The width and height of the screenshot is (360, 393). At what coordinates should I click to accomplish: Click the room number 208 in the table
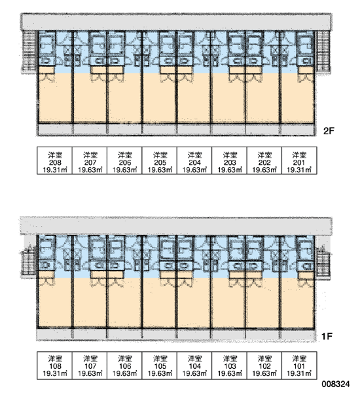pos(55,162)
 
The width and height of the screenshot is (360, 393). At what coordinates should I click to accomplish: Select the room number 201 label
pos(299,162)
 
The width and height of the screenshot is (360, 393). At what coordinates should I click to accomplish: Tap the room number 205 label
pos(160,162)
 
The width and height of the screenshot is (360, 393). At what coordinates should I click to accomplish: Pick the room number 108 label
pos(55,366)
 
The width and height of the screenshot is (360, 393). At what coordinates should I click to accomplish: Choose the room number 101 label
pos(299,366)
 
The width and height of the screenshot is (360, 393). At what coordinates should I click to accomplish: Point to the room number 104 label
pos(194,366)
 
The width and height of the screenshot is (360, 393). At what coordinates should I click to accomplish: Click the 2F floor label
pos(329,131)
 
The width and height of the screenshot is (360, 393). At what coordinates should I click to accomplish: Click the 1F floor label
pos(327,336)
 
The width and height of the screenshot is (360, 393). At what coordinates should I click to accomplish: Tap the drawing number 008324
pos(335,384)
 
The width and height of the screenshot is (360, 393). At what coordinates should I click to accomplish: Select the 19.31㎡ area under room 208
pos(55,170)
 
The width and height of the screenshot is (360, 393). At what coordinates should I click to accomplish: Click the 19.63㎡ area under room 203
pos(230,170)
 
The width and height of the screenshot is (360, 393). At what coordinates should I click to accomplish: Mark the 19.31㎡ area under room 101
pos(299,373)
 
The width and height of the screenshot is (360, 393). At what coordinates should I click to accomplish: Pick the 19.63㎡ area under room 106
pos(125,373)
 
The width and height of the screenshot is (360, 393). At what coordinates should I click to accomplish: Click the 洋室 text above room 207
pos(90,155)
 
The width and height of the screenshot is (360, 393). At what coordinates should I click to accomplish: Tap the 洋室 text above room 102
pos(264,359)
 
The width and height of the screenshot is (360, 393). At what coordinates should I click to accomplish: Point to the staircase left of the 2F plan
pos(29,51)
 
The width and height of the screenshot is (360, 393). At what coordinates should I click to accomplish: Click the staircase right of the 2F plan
pos(323,51)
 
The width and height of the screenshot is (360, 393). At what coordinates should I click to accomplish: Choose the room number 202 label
pos(264,162)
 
